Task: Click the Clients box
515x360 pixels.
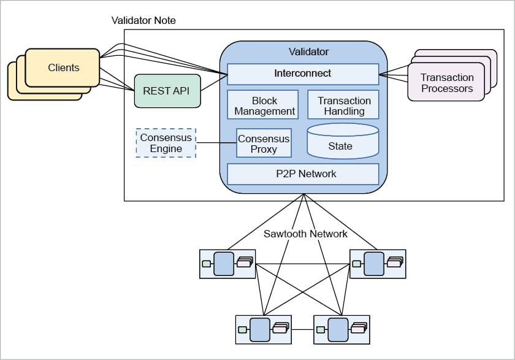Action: pyautogui.click(x=63, y=67)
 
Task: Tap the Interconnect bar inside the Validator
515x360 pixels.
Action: pyautogui.click(x=302, y=74)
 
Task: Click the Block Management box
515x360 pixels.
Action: pyautogui.click(x=263, y=105)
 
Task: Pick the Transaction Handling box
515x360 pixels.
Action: pyautogui.click(x=344, y=105)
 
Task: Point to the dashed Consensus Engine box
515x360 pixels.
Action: pyautogui.click(x=166, y=143)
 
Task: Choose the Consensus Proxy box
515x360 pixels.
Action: pyautogui.click(x=264, y=144)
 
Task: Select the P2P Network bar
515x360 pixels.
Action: pyautogui.click(x=302, y=174)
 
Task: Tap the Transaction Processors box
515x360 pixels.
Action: pyautogui.click(x=446, y=83)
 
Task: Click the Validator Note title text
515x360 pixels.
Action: pyautogui.click(x=143, y=20)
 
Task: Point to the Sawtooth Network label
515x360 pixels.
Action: pyautogui.click(x=305, y=234)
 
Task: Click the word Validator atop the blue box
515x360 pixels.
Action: pyautogui.click(x=308, y=52)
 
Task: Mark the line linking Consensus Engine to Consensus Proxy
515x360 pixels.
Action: pyautogui.click(x=216, y=144)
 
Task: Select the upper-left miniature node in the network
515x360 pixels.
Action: pyautogui.click(x=227, y=264)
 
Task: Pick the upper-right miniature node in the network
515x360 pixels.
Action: pyautogui.click(x=377, y=264)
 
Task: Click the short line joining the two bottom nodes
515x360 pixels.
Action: pyautogui.click(x=302, y=329)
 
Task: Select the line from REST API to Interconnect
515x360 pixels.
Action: pyautogui.click(x=213, y=81)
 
